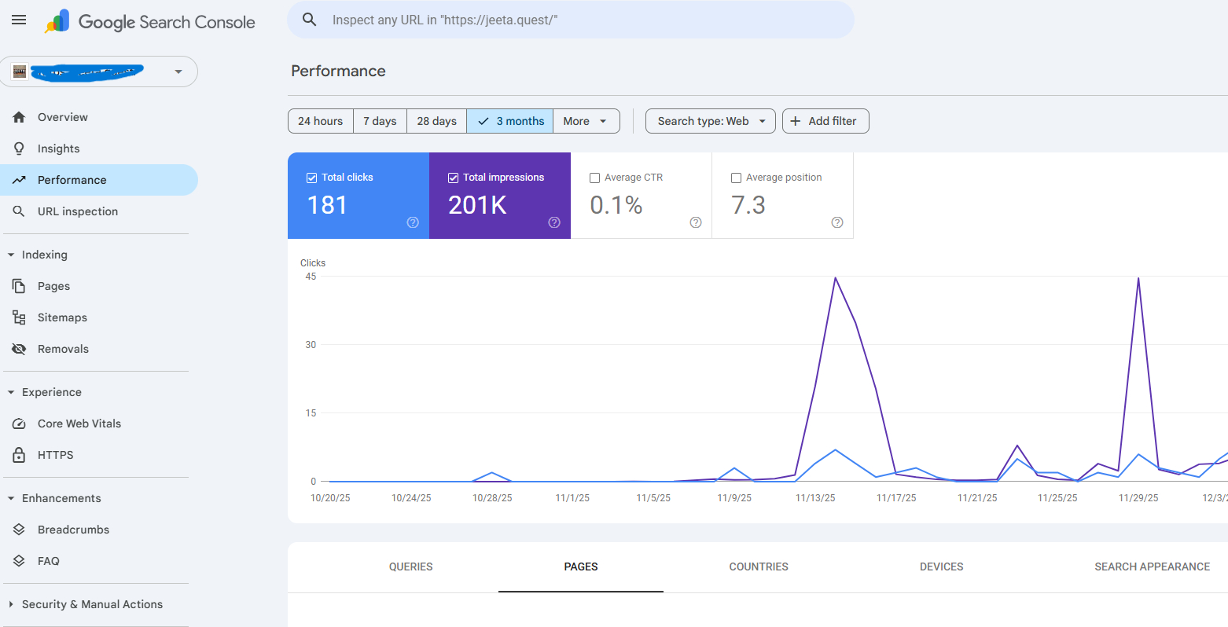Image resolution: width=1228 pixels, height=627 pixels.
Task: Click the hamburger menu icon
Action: pos(19,20)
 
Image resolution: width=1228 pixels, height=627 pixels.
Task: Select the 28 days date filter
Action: pos(436,121)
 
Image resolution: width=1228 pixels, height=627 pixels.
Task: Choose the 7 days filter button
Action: pos(380,121)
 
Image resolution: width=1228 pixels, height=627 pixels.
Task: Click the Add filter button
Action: pos(825,121)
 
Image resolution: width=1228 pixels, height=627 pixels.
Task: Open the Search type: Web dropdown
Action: pos(710,121)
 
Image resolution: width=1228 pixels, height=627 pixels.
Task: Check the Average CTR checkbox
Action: pos(595,178)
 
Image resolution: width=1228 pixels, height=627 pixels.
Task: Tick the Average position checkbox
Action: pos(737,178)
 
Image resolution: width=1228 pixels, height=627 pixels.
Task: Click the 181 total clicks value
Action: pos(327,205)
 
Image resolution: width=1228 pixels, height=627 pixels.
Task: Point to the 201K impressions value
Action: pos(477,205)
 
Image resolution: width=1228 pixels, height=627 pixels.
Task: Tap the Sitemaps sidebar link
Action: pos(62,317)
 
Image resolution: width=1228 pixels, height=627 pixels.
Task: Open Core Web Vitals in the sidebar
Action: pos(79,423)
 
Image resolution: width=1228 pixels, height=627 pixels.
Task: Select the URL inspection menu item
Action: pos(77,211)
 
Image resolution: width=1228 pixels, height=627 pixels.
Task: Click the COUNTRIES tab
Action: pos(758,566)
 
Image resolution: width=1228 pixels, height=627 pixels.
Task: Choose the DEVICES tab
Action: pos(941,566)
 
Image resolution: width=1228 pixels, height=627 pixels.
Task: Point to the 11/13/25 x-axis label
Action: pos(815,498)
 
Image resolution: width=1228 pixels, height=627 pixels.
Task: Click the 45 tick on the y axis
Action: pos(311,277)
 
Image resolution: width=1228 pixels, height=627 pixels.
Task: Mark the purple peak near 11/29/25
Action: pos(1138,279)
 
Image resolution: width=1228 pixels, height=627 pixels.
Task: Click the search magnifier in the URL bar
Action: pos(310,20)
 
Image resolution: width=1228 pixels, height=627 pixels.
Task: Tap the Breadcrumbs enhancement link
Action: pos(73,530)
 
